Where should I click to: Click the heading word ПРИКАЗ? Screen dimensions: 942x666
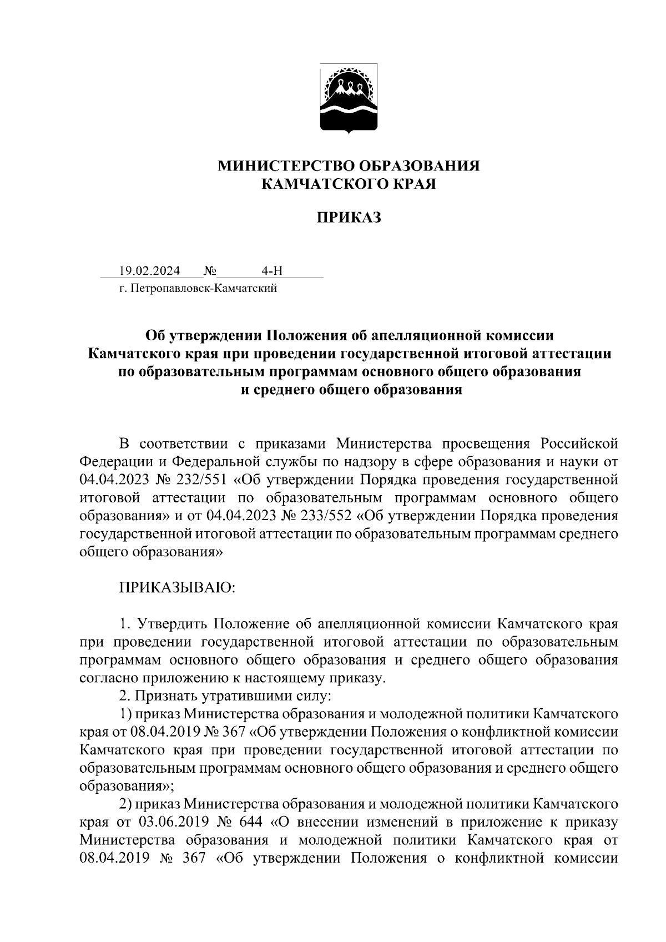pos(349,218)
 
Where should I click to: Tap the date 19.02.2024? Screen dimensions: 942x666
pos(149,271)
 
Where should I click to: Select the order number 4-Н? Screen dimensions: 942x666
pos(272,271)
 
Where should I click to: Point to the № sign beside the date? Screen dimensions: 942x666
pos(210,271)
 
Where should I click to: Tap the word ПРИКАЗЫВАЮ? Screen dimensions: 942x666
pos(178,588)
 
